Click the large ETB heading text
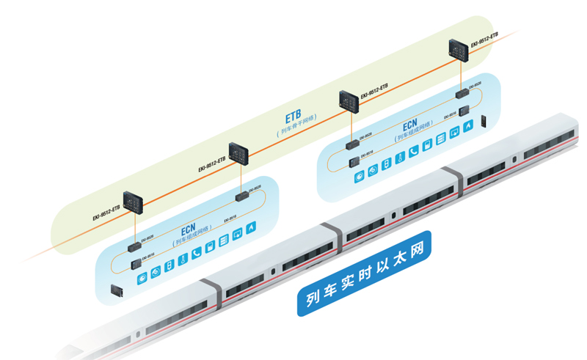coord(293,118)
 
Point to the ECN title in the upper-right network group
coord(409,125)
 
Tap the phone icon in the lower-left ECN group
coord(197,254)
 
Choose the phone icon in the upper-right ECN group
coord(414,151)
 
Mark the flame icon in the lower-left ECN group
coord(252,228)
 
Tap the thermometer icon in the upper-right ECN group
coord(400,158)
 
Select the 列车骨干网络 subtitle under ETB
coord(296,132)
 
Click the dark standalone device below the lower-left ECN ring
coord(116,291)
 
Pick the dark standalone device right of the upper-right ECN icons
coord(484,122)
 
